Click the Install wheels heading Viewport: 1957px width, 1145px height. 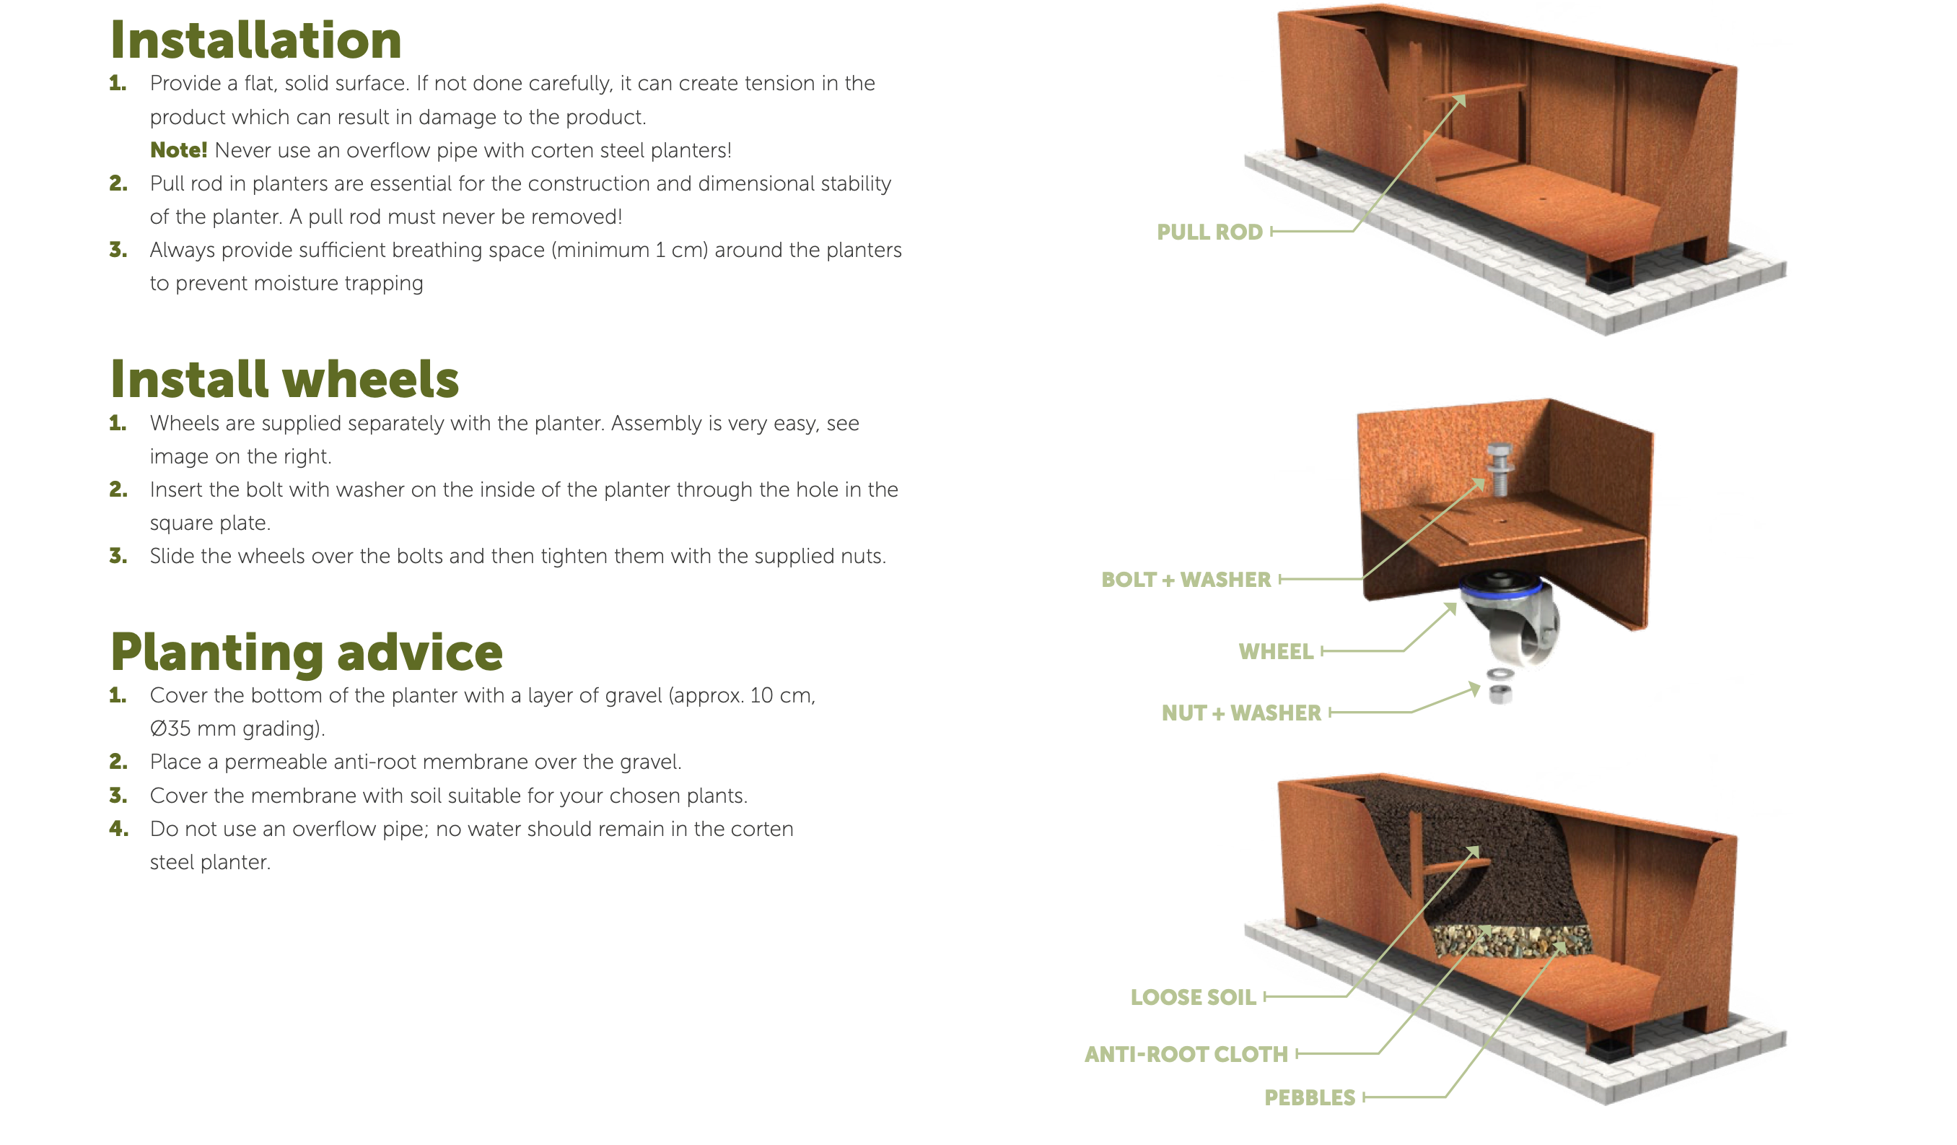pos(285,379)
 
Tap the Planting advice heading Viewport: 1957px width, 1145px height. pos(307,653)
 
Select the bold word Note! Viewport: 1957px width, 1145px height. pos(179,150)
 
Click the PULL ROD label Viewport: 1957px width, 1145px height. pos(1209,232)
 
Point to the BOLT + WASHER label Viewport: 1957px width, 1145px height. pos(1186,580)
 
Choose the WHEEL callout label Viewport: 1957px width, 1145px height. pos(1276,651)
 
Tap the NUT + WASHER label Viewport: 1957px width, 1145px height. pos(1241,713)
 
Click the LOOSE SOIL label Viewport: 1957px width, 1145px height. pos(1193,996)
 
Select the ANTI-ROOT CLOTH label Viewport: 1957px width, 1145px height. pos(1186,1054)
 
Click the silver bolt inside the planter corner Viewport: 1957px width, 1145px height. pos(1498,469)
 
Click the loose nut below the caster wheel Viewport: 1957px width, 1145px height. pos(1500,694)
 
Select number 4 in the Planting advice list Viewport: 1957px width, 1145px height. pos(118,828)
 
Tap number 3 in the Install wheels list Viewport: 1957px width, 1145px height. pos(118,555)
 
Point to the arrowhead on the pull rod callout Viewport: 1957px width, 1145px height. pos(1460,100)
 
